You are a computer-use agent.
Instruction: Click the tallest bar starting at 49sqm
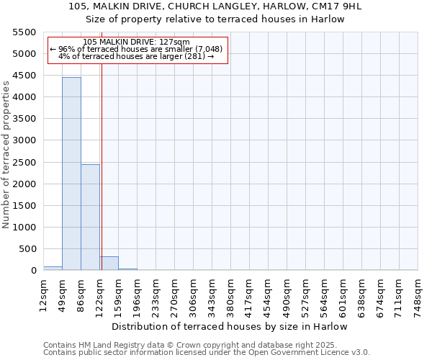pos(71,174)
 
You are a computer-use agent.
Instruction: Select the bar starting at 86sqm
pos(90,217)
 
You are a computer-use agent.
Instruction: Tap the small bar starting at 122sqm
pos(109,263)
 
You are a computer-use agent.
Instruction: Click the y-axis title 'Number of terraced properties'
pos(6,155)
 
